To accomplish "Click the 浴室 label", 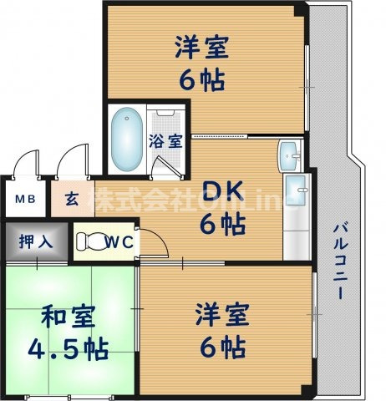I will [165, 140].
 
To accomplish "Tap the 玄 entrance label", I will [73, 200].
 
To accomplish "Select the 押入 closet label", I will [35, 242].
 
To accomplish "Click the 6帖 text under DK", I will [221, 224].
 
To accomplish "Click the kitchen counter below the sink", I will [296, 217].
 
